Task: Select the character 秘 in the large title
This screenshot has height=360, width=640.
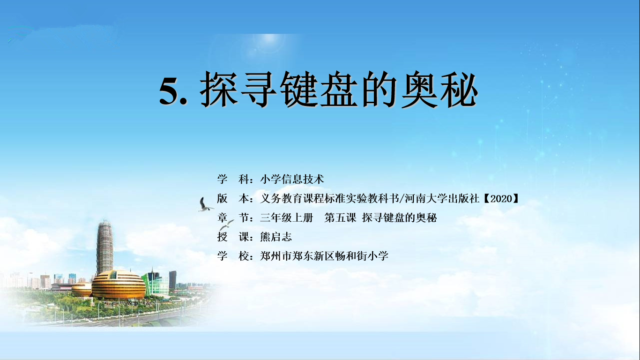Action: coord(459,89)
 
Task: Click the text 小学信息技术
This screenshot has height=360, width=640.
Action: coord(292,179)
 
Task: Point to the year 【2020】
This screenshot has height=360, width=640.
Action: coord(501,198)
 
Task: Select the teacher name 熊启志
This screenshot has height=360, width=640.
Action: coord(275,237)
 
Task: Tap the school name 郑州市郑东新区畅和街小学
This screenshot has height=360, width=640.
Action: coord(324,255)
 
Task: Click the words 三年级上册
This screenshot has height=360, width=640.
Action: coord(287,217)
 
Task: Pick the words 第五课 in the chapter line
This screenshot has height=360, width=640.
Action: coord(340,217)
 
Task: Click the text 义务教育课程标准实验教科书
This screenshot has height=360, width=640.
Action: coord(329,198)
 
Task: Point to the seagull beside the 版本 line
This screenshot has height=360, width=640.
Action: coord(205,204)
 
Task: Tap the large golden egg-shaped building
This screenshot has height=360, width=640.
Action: coord(119,285)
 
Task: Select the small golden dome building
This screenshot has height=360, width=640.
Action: coord(82,289)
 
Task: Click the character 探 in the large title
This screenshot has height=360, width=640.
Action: coord(219,89)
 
